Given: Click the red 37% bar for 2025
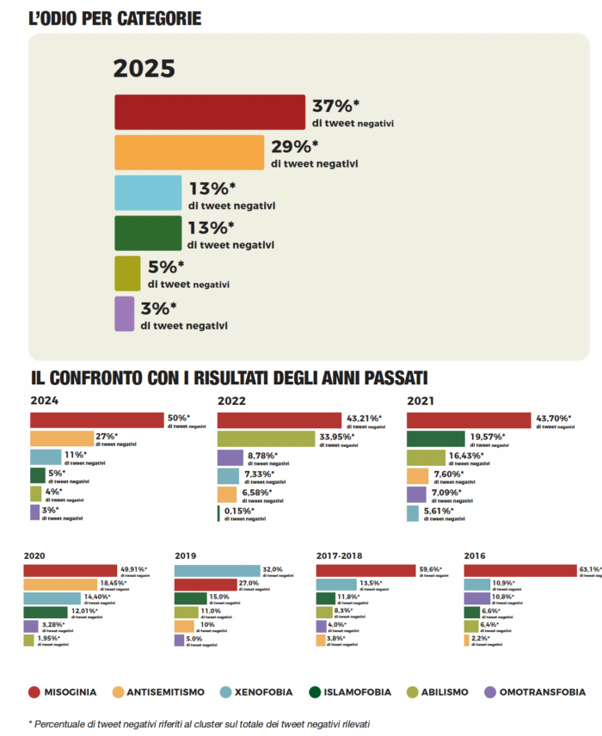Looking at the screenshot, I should point(210,111).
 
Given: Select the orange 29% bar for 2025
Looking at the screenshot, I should point(189,152).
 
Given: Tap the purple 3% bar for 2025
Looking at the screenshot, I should point(125,314).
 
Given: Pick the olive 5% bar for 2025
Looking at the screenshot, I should point(127,273).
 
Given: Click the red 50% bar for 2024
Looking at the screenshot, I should point(96,420).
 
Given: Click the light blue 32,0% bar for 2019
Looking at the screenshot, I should point(217,571).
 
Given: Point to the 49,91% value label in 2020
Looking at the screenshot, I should point(133,568).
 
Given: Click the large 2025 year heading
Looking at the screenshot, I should point(144,69).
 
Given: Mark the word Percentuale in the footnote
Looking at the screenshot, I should point(71,724).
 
